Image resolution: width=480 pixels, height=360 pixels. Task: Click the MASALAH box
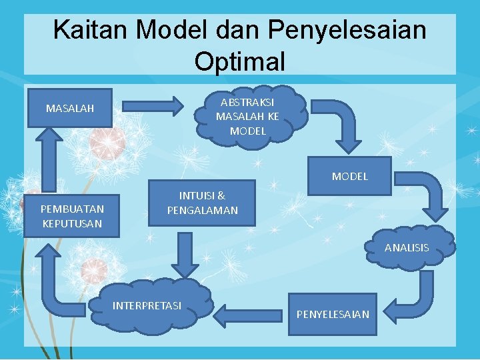[x=70, y=107]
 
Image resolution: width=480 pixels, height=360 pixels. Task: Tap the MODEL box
[x=349, y=176]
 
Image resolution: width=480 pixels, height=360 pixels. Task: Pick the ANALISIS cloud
[x=406, y=247]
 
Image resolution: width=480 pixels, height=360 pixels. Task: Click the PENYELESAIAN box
[x=333, y=313]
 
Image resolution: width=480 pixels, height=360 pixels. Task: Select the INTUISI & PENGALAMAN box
[x=202, y=203]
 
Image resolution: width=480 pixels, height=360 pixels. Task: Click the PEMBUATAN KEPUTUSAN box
[x=72, y=216]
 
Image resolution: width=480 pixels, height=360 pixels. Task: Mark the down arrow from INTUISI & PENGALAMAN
[x=185, y=254]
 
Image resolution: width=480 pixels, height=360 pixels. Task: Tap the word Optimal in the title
[x=240, y=61]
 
